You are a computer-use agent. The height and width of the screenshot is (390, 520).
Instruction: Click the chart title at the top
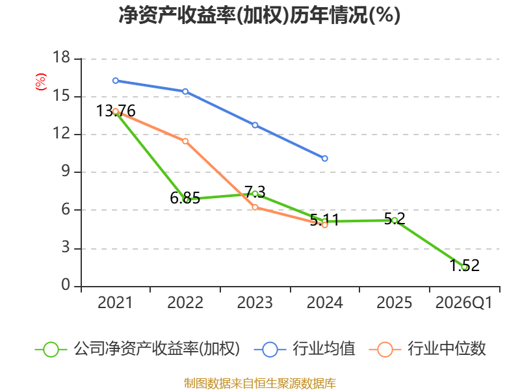pyautogui.click(x=259, y=16)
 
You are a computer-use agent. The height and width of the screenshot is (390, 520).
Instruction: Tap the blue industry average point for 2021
pyautogui.click(x=116, y=81)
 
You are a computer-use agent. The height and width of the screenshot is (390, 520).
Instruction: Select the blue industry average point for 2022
pyautogui.click(x=185, y=92)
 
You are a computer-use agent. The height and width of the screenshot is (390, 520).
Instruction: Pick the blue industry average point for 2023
pyautogui.click(x=255, y=125)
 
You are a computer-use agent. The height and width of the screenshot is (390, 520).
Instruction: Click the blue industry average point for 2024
pyautogui.click(x=325, y=159)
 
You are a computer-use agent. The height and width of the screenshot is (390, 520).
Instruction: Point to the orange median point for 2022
pyautogui.click(x=185, y=141)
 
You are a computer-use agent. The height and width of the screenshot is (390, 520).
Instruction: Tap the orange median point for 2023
pyautogui.click(x=255, y=207)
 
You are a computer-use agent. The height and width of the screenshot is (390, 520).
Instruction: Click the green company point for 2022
pyautogui.click(x=186, y=200)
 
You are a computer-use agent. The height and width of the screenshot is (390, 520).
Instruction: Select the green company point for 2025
pyautogui.click(x=395, y=220)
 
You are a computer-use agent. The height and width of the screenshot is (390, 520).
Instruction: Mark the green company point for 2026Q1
pyautogui.click(x=464, y=266)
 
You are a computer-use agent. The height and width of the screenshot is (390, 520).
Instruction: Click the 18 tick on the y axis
pyautogui.click(x=61, y=58)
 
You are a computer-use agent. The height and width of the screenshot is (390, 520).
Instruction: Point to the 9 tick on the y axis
pyautogui.click(x=65, y=172)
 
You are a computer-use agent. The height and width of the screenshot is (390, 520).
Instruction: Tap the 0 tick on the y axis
pyautogui.click(x=65, y=286)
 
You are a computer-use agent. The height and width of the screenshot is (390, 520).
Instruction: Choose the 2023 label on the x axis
pyautogui.click(x=255, y=303)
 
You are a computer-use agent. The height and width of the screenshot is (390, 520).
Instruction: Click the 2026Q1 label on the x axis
pyautogui.click(x=464, y=303)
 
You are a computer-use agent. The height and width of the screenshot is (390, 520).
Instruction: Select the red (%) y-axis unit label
pyautogui.click(x=40, y=83)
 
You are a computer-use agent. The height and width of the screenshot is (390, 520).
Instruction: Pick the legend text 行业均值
pyautogui.click(x=324, y=349)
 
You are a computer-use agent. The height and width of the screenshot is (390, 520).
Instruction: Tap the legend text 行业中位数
pyautogui.click(x=447, y=349)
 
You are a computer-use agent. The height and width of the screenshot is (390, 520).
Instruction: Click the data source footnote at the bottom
pyautogui.click(x=259, y=383)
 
